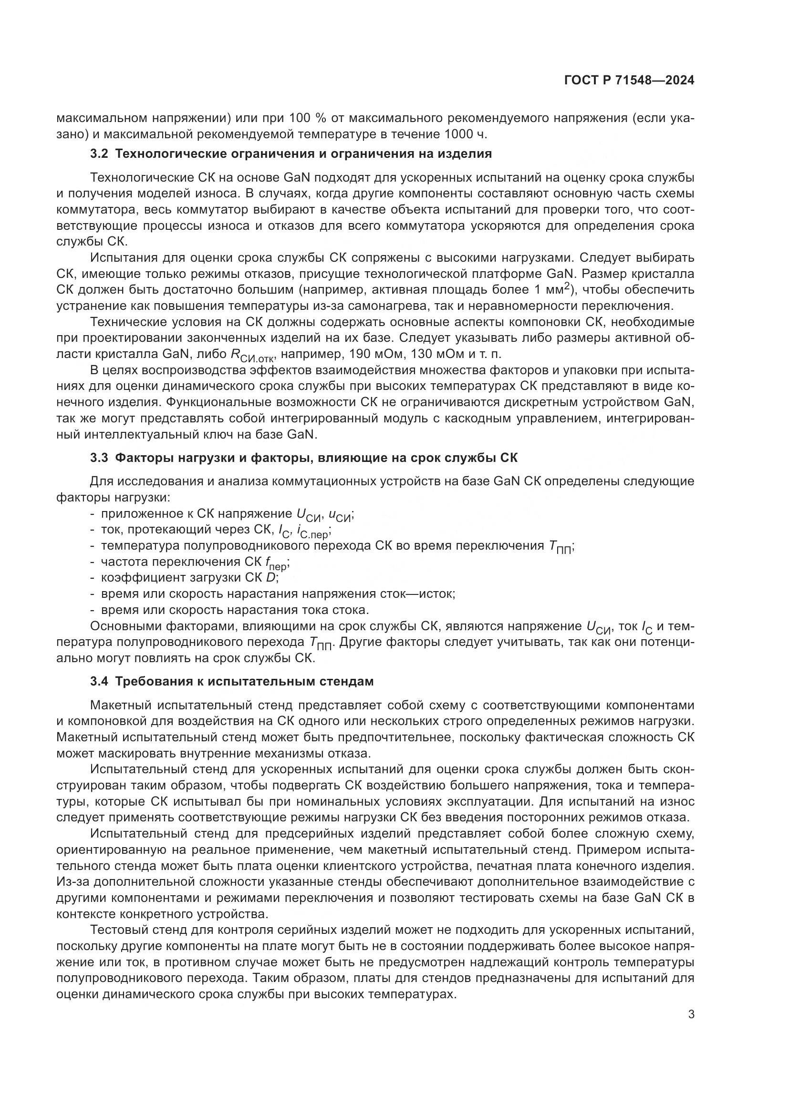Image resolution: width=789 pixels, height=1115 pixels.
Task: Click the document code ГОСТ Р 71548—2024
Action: pyautogui.click(x=629, y=81)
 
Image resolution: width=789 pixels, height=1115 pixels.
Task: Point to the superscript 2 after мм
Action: pyautogui.click(x=567, y=286)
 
